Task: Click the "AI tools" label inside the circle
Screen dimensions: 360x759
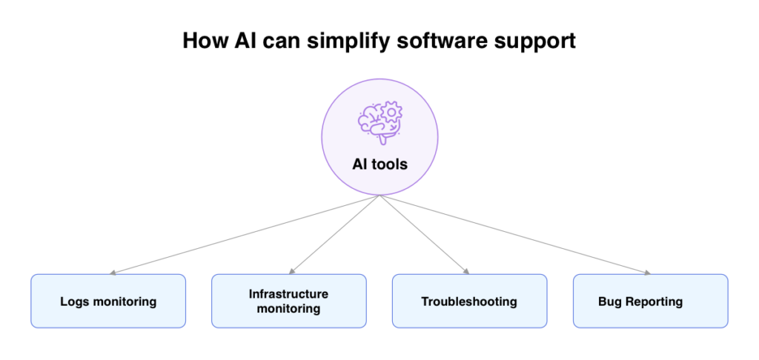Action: point(379,164)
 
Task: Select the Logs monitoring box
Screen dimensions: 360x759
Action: point(108,301)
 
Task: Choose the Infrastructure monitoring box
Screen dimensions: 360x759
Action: point(289,301)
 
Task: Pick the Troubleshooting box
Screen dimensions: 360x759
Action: point(469,301)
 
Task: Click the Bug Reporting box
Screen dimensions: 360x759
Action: point(650,301)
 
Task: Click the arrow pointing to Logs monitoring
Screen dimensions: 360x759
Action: point(245,235)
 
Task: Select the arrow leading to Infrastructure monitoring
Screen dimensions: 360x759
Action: point(334,235)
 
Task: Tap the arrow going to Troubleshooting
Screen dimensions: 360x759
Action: point(425,235)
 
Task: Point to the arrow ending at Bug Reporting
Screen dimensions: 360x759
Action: point(515,235)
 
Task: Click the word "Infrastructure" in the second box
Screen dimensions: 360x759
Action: point(288,294)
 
